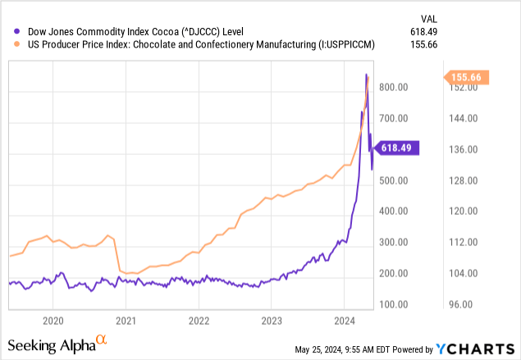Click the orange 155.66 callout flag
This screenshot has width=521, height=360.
point(468,77)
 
